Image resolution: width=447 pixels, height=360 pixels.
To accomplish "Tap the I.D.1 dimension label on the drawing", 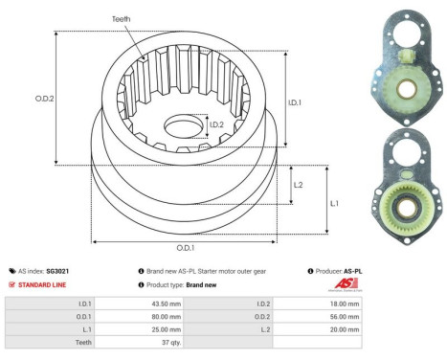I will (295, 101).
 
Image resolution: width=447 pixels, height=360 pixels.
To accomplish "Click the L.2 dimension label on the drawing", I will (299, 185).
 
